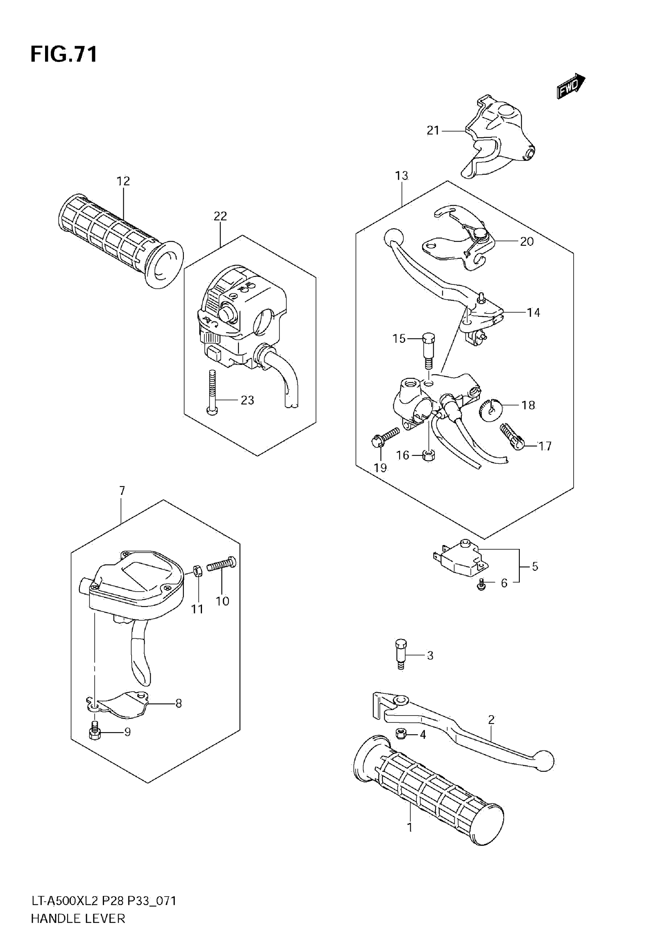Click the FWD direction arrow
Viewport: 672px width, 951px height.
tap(570, 86)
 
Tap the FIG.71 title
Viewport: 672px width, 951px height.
tap(64, 54)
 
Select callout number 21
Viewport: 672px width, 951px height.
tap(433, 131)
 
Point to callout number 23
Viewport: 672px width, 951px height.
tap(247, 400)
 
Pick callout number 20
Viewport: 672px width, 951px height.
tap(527, 241)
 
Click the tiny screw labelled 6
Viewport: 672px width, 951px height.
tap(481, 585)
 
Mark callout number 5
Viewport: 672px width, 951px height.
tap(535, 566)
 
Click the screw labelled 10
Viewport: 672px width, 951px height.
tap(222, 564)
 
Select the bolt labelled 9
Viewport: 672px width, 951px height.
tap(95, 732)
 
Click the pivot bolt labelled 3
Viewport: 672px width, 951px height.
tap(400, 654)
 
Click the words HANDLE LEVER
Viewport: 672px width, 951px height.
tap(78, 930)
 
